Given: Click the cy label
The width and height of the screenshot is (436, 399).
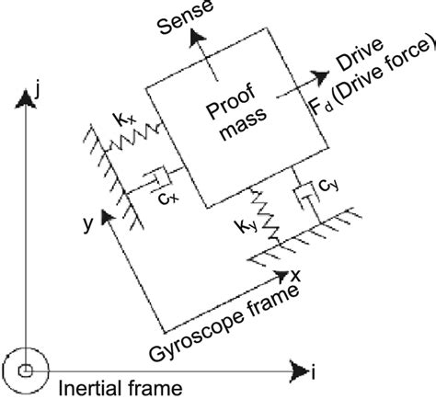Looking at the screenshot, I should click(327, 188).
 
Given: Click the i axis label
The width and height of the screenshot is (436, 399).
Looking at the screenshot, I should click(315, 373).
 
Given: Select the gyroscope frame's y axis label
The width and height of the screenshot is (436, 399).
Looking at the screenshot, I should click(85, 222).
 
